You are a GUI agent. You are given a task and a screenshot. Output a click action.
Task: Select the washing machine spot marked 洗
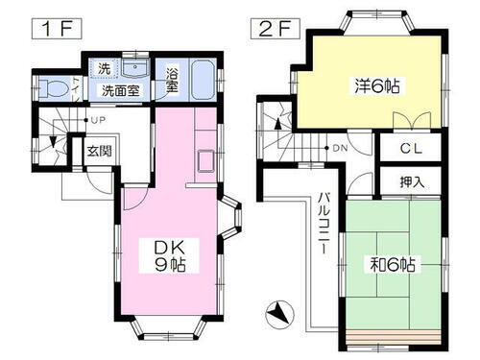104,69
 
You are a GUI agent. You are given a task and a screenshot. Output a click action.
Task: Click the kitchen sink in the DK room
207,160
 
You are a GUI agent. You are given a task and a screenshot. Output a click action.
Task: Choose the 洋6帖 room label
376,85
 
